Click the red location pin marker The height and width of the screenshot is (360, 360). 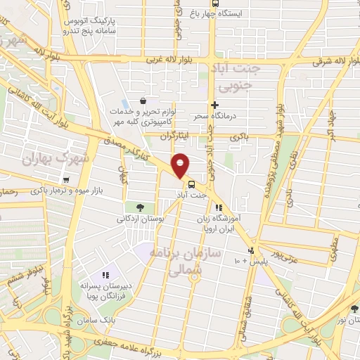click(181, 165)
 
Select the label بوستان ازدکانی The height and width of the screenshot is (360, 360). click(141, 219)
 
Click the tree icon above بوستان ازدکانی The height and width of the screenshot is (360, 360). click(141, 207)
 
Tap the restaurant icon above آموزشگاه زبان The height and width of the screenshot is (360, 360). click(219, 208)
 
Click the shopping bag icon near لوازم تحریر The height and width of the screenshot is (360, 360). click(143, 100)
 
